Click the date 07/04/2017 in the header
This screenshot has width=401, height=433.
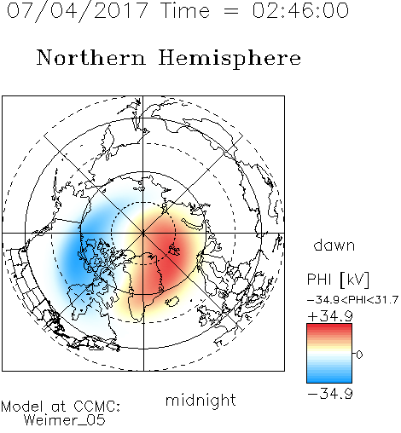click(78, 11)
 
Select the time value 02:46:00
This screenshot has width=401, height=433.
click(300, 10)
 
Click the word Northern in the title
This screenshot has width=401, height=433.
click(91, 57)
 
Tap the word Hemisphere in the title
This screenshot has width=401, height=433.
click(230, 59)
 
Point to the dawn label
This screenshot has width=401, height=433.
click(334, 245)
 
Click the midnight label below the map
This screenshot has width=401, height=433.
click(200, 401)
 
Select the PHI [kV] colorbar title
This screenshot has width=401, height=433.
click(338, 280)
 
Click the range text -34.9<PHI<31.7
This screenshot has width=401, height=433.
click(352, 300)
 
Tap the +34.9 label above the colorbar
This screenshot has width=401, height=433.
click(330, 316)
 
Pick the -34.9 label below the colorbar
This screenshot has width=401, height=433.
click(330, 394)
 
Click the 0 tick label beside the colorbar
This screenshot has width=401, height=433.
click(359, 355)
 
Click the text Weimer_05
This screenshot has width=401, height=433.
click(65, 420)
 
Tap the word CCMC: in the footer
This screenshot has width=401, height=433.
click(97, 407)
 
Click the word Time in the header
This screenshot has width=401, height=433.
click(185, 10)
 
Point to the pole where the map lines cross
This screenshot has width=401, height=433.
click(143, 234)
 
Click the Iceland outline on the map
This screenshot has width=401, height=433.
click(172, 302)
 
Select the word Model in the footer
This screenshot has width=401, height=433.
click(22, 407)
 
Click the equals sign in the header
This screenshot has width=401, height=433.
click(230, 11)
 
